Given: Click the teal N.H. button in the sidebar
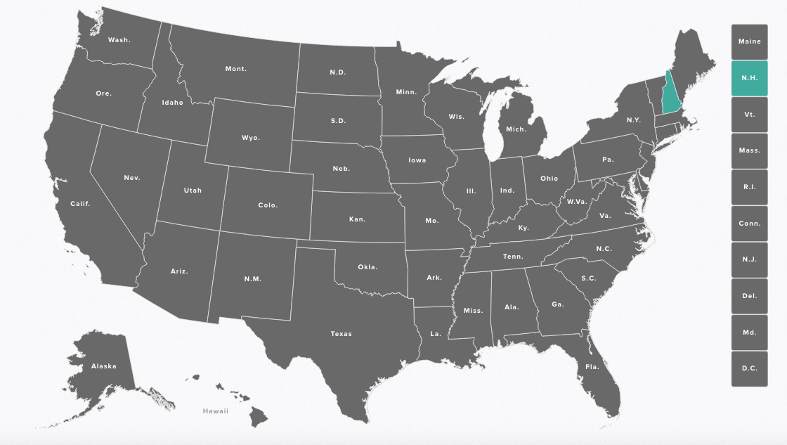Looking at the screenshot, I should coord(749,78).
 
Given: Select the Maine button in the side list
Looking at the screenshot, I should coord(749,41).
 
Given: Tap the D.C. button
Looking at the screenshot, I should coord(749,368).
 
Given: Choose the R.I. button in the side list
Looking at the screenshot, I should coord(749,187).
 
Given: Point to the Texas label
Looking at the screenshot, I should coord(342,334).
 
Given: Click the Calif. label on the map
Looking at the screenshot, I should coord(80,204).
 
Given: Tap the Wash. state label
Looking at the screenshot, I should coord(119,40).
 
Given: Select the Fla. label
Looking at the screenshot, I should coord(592,366).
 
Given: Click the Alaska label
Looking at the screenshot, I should coord(103,366).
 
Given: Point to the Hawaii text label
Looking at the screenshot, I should coord(216,411).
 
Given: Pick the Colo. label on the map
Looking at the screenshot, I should coord(268,205).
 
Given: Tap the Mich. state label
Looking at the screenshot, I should coord(516,129).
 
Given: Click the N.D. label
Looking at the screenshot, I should coord(338,72).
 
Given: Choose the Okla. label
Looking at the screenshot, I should coord(368,267).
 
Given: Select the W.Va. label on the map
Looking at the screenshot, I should coord(577,202).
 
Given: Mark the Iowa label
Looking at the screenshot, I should coord(417,160).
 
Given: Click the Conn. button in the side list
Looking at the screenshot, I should coord(749,224).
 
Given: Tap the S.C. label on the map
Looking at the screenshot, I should coord(588,278).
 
